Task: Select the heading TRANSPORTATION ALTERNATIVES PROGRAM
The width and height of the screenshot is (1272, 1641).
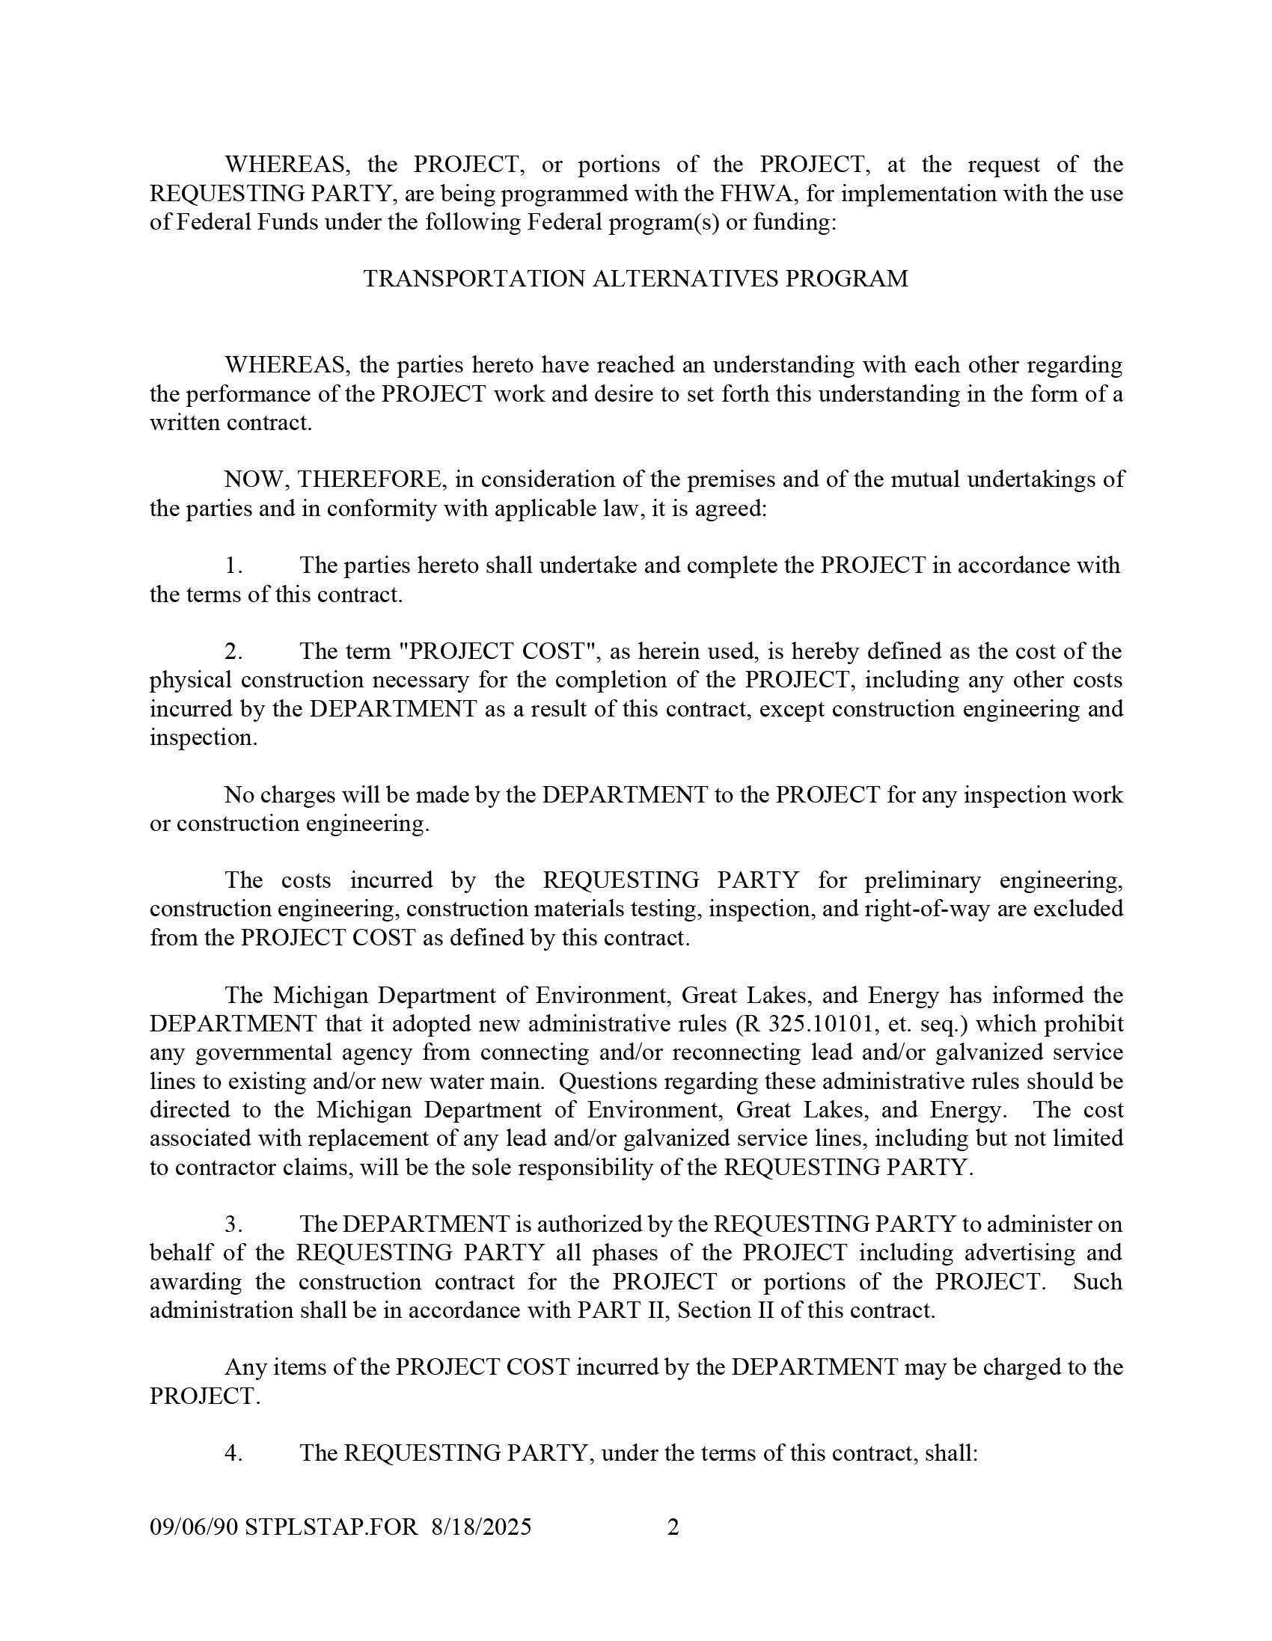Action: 635,279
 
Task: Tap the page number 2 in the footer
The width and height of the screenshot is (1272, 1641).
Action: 673,1527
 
